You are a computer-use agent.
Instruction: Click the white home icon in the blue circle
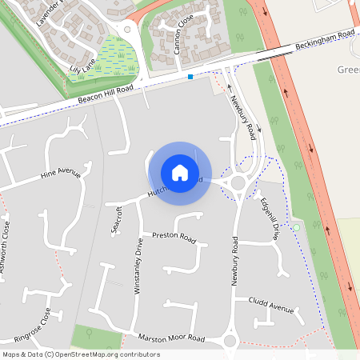(x=180, y=172)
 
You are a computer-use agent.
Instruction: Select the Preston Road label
(x=174, y=238)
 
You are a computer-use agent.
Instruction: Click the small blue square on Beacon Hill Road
(x=190, y=77)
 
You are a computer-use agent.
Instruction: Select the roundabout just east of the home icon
(x=238, y=185)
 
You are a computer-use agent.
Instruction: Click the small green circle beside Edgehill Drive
(x=296, y=228)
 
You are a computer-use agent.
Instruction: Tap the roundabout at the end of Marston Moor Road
(x=230, y=342)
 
